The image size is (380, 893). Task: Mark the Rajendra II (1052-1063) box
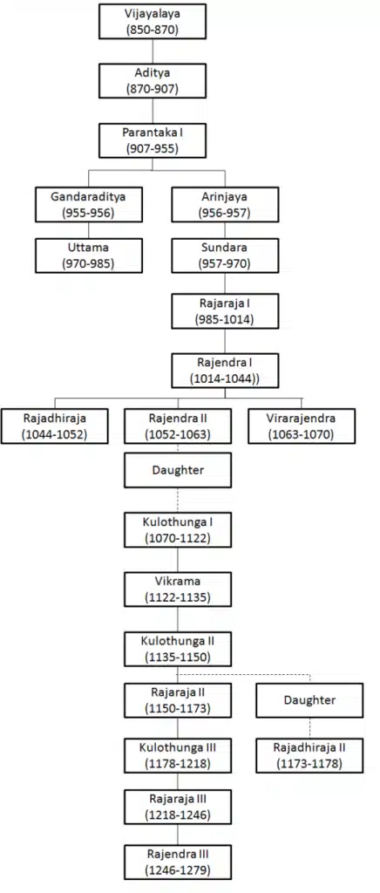178,426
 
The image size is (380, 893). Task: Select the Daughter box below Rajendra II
178,471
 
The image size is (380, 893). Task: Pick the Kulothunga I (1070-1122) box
178,530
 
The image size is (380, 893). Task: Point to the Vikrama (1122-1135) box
178,590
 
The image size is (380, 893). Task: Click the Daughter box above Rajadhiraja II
309,699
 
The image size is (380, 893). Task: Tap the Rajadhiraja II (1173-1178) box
309,754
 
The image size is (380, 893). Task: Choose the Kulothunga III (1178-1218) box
178,754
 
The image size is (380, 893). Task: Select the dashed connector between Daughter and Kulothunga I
178,500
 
